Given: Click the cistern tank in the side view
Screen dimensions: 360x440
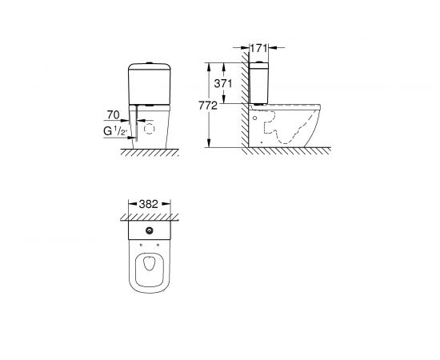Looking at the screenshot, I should (x=260, y=84).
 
